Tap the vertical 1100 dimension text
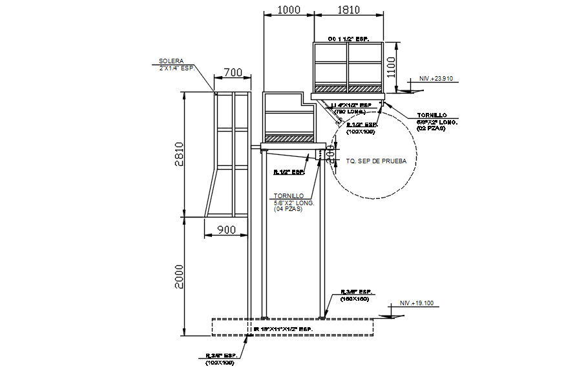pos(390,66)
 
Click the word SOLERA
pos(171,61)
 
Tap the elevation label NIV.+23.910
pos(436,78)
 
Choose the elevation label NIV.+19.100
pos(416,303)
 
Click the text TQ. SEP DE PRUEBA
pos(377,161)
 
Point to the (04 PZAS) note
pos(288,210)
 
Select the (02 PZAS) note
pos(431,128)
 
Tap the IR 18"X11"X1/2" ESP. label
pos(283,330)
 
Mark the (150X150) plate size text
pos(355,299)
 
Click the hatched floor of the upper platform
pos(348,88)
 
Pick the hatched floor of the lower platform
pos(289,137)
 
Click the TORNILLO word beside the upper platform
pos(431,116)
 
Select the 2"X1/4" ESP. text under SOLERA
pos(176,68)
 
